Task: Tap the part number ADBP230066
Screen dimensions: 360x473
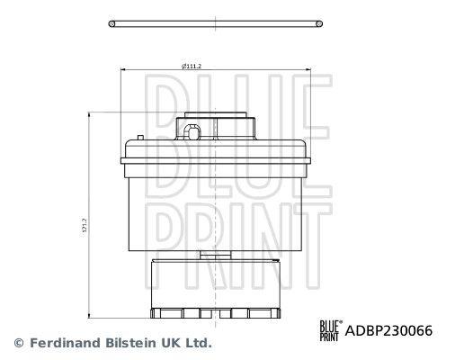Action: [389, 330]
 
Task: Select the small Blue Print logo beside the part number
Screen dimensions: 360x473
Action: [329, 329]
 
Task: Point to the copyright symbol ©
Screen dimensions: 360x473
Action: [19, 343]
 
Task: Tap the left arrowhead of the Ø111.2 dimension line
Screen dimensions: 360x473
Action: [122, 70]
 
